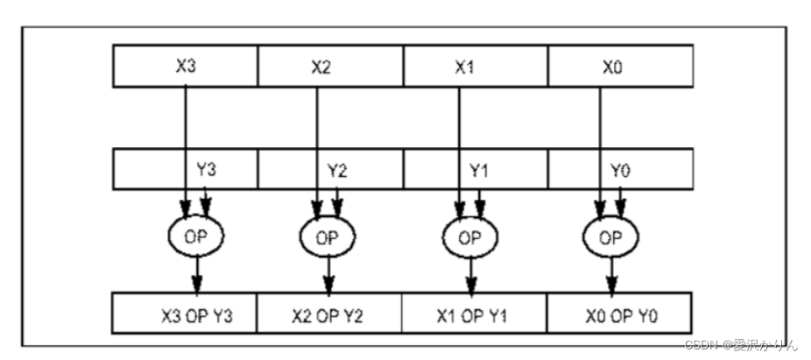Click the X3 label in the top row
(x=185, y=66)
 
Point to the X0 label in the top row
(x=610, y=66)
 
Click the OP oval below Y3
(x=195, y=236)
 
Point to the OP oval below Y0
(x=611, y=236)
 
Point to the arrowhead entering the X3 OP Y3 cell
(x=197, y=288)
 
